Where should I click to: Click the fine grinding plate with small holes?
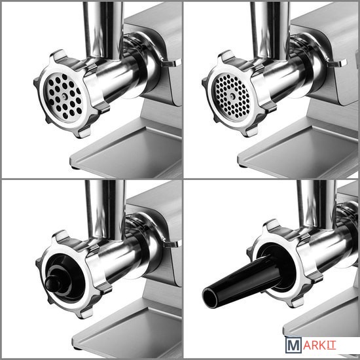click(x=232, y=96)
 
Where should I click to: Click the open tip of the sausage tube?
click(x=209, y=298)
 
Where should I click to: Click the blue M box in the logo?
click(x=293, y=345)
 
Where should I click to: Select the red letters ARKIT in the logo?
click(x=320, y=346)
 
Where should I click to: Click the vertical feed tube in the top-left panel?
click(x=103, y=31)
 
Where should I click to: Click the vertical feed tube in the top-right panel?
click(x=269, y=31)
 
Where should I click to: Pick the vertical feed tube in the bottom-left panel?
click(x=105, y=209)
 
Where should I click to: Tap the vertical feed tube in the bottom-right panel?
click(x=316, y=204)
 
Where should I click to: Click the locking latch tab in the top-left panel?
click(x=170, y=63)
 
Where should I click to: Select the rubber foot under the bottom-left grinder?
click(x=77, y=348)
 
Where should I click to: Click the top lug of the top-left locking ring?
click(x=59, y=56)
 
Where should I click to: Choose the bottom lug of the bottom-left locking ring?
click(x=84, y=312)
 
